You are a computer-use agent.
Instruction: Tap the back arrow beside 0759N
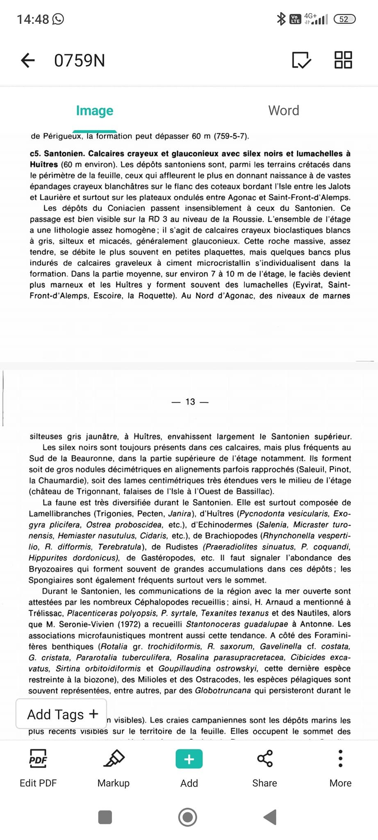pyautogui.click(x=28, y=60)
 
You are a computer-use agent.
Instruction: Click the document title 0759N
pyautogui.click(x=80, y=61)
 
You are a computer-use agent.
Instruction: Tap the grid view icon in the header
pyautogui.click(x=343, y=60)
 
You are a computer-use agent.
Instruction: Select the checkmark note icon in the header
pyautogui.click(x=301, y=60)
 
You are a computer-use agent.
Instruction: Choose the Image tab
pyautogui.click(x=95, y=111)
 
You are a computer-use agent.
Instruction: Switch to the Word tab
pyautogui.click(x=284, y=111)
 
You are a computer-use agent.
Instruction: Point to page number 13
pyautogui.click(x=190, y=402)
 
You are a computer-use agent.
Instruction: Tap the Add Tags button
pyautogui.click(x=61, y=714)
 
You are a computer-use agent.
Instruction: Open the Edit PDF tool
pyautogui.click(x=38, y=767)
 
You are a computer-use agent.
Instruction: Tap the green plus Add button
pyautogui.click(x=189, y=759)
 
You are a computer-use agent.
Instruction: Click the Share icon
pyautogui.click(x=265, y=759)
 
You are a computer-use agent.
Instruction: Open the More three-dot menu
pyautogui.click(x=340, y=759)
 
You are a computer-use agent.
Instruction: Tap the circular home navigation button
pyautogui.click(x=188, y=817)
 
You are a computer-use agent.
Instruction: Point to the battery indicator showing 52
pyautogui.click(x=344, y=19)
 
